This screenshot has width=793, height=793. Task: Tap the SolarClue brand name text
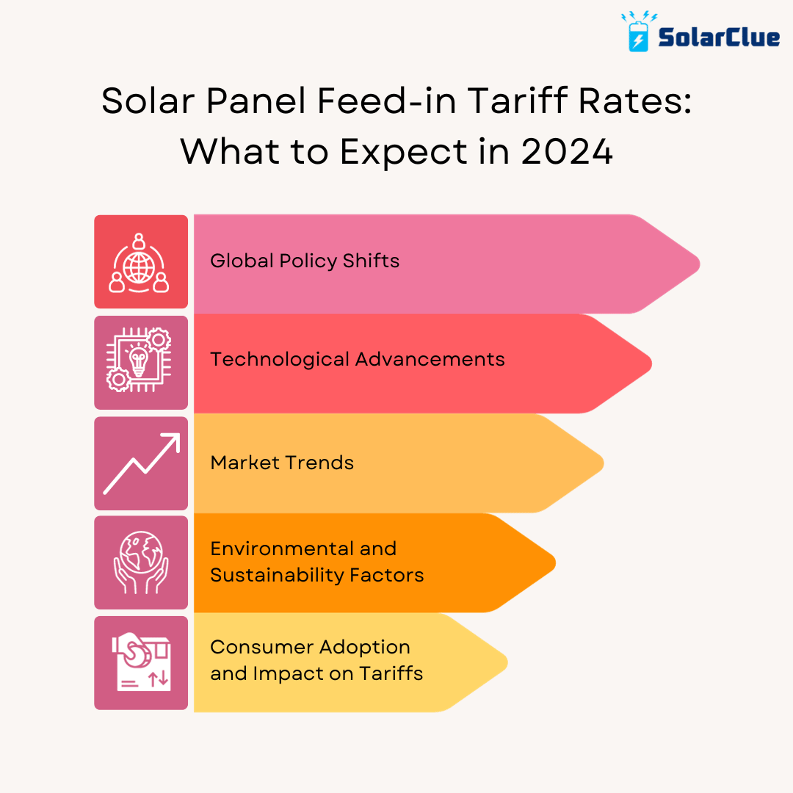tap(718, 36)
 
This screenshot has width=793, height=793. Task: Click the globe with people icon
tap(140, 262)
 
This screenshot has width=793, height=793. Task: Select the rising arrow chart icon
tap(140, 463)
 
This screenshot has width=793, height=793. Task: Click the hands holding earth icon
tap(140, 562)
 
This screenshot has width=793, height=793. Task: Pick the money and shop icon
tap(140, 662)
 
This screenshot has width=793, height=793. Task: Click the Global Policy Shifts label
tap(305, 261)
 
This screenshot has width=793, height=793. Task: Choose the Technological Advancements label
tap(358, 359)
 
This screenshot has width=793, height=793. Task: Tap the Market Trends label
tap(282, 463)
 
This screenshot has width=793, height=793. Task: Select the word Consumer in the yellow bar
tap(255, 647)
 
